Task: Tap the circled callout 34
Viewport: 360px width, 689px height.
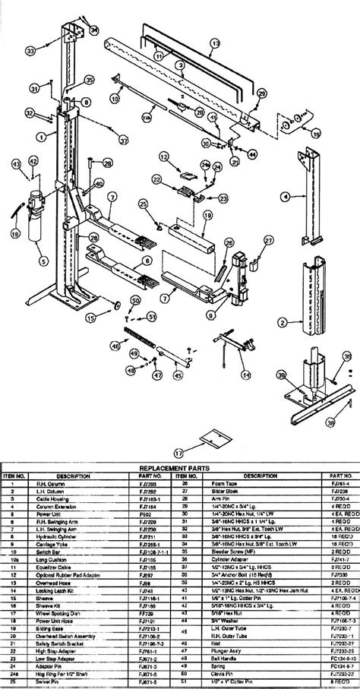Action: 94,30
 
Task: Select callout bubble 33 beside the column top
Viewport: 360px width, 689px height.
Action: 31,51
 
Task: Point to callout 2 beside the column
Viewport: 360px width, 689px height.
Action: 283,322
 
